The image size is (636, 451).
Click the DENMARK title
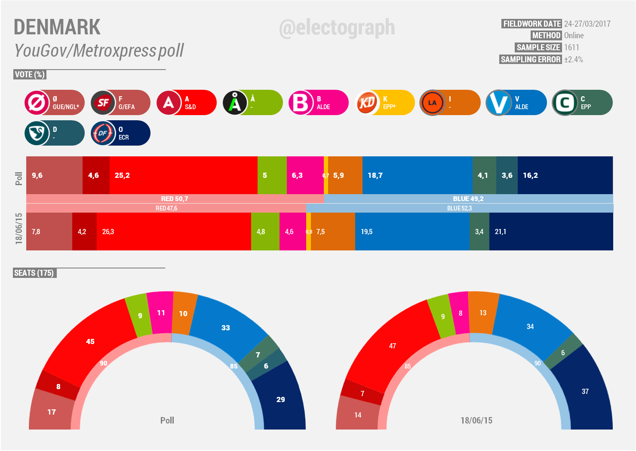57,27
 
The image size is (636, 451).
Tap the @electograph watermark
337,27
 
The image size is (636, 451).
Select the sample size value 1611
571,47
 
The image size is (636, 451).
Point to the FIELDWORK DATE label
532,24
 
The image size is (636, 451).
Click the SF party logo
103,103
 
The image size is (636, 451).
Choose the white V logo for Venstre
498,103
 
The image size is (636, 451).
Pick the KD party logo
367,103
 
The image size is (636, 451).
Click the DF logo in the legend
103,133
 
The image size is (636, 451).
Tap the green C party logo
564,103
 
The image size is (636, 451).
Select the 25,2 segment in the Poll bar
183,175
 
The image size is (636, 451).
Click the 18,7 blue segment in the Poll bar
417,175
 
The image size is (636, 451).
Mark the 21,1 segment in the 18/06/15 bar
551,232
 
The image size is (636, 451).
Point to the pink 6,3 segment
305,175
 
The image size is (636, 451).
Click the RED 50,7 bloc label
175,198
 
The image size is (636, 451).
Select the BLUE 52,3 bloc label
459,208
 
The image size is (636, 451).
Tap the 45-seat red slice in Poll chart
90,341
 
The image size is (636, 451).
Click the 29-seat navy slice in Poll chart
280,399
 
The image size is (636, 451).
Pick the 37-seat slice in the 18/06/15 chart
585,391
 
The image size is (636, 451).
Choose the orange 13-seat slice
483,313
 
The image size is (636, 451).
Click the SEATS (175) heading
34,273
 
